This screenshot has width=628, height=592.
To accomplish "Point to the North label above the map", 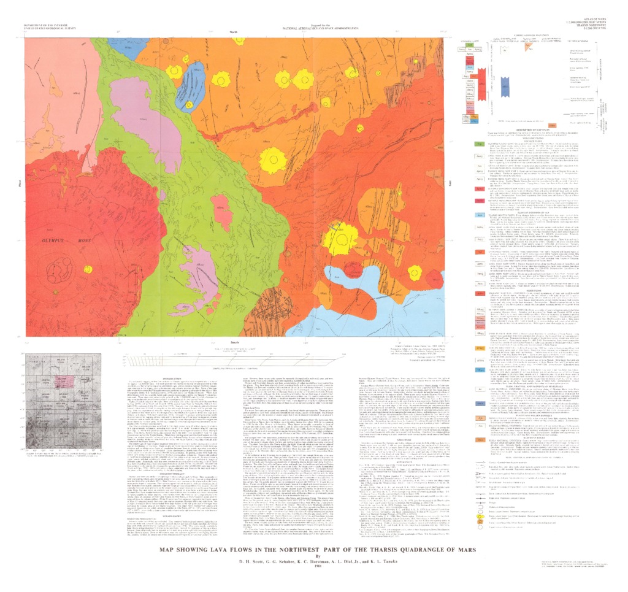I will coord(232,31).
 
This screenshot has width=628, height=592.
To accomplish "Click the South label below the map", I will coord(232,340).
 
